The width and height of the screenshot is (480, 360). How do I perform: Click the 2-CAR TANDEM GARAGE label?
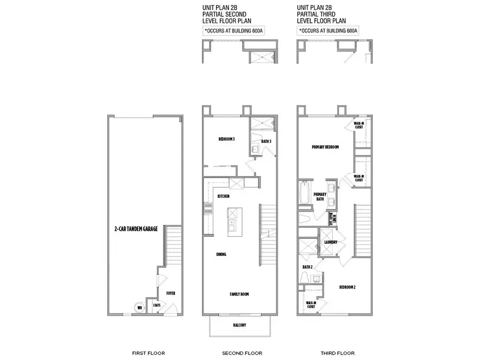click(x=137, y=229)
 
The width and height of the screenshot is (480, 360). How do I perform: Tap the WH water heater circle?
click(x=140, y=307)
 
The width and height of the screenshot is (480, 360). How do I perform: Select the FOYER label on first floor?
click(x=171, y=293)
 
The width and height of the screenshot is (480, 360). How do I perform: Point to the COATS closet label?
click(x=157, y=306)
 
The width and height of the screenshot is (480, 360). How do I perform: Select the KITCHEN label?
click(x=223, y=197)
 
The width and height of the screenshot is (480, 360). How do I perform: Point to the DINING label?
click(x=221, y=254)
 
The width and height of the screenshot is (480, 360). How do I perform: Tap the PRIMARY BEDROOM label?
click(x=325, y=147)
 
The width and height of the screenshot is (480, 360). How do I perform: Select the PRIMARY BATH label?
click(x=319, y=196)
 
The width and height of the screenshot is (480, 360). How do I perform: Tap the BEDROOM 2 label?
click(x=347, y=286)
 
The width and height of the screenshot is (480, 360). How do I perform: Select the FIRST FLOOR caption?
click(x=148, y=353)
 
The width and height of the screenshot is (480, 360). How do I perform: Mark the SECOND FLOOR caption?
click(x=242, y=353)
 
